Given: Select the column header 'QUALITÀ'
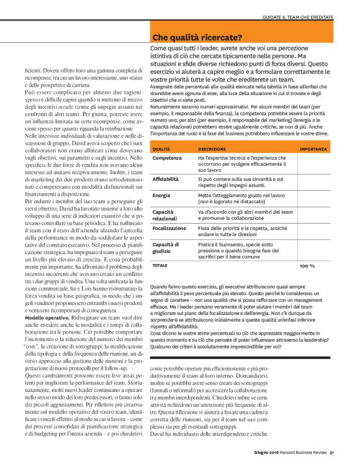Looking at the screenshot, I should [x=161, y=150].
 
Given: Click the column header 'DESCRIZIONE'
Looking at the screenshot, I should [x=212, y=150].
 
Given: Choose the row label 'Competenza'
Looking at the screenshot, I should [x=167, y=159].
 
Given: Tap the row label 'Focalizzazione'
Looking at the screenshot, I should [x=169, y=228].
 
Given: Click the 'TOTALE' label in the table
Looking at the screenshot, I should [x=160, y=265].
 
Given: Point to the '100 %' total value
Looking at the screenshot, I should [x=307, y=265].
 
